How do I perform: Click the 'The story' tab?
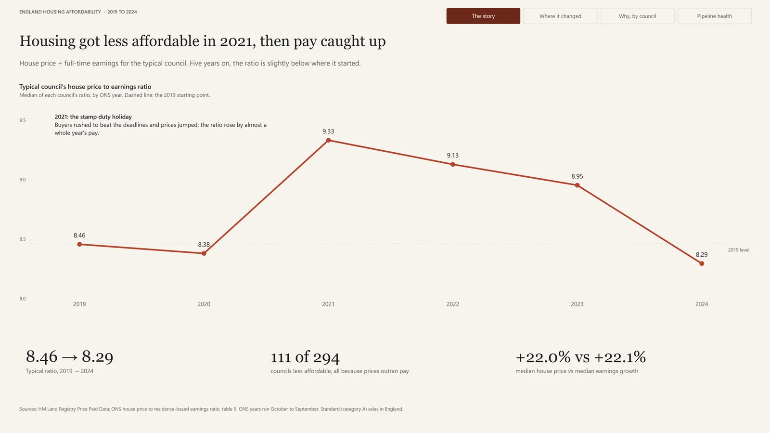tap(483, 16)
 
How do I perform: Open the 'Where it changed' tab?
tap(560, 16)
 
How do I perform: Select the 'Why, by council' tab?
tap(637, 16)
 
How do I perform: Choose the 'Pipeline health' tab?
tap(714, 16)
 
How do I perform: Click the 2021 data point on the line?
tap(328, 140)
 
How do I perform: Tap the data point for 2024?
tap(702, 264)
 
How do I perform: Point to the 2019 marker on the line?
tap(79, 244)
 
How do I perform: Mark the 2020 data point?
tap(204, 253)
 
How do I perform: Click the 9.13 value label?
tap(453, 156)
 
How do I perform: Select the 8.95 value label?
tap(577, 176)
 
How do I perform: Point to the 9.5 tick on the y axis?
tap(22, 120)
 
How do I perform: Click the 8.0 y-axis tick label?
tap(22, 299)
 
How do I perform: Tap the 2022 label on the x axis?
tap(453, 304)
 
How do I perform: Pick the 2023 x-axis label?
tap(577, 304)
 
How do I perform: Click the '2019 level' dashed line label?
tap(739, 250)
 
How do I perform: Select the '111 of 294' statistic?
tap(305, 357)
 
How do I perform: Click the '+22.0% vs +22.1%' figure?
tap(580, 357)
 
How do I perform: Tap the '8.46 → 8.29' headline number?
tap(69, 356)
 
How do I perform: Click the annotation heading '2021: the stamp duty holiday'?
tap(93, 117)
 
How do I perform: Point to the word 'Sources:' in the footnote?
tap(28, 409)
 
